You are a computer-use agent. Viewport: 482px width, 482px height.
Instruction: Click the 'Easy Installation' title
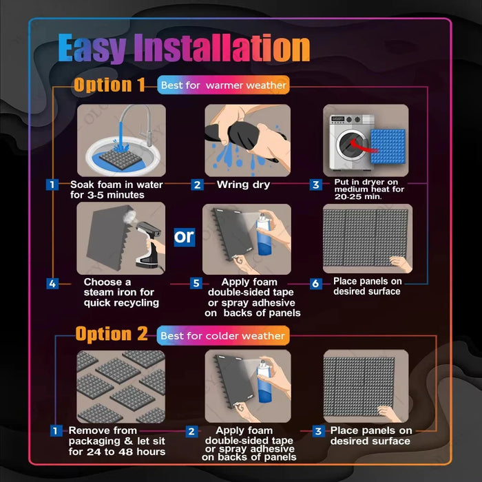tap(184, 49)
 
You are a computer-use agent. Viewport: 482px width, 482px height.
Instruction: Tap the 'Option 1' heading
tap(109, 85)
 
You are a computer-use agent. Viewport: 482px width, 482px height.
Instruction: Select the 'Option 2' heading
tap(112, 335)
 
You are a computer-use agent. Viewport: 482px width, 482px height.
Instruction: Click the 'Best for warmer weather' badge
tap(224, 85)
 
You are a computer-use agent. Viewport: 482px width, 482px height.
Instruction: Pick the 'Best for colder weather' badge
tap(222, 336)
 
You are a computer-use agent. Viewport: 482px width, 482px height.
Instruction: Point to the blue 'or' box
tap(185, 238)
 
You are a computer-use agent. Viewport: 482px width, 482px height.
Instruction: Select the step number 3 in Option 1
tap(316, 185)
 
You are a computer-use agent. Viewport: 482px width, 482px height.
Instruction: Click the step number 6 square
tap(316, 284)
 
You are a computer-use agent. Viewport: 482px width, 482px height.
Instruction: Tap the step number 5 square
tap(196, 284)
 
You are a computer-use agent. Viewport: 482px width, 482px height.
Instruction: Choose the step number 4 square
tap(52, 284)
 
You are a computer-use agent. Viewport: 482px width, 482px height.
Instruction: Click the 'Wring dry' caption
tap(243, 185)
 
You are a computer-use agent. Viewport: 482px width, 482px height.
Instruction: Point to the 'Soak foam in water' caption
tap(116, 189)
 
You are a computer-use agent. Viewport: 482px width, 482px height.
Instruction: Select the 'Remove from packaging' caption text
tap(116, 441)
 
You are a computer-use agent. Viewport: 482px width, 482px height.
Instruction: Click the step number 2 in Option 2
tap(192, 432)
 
